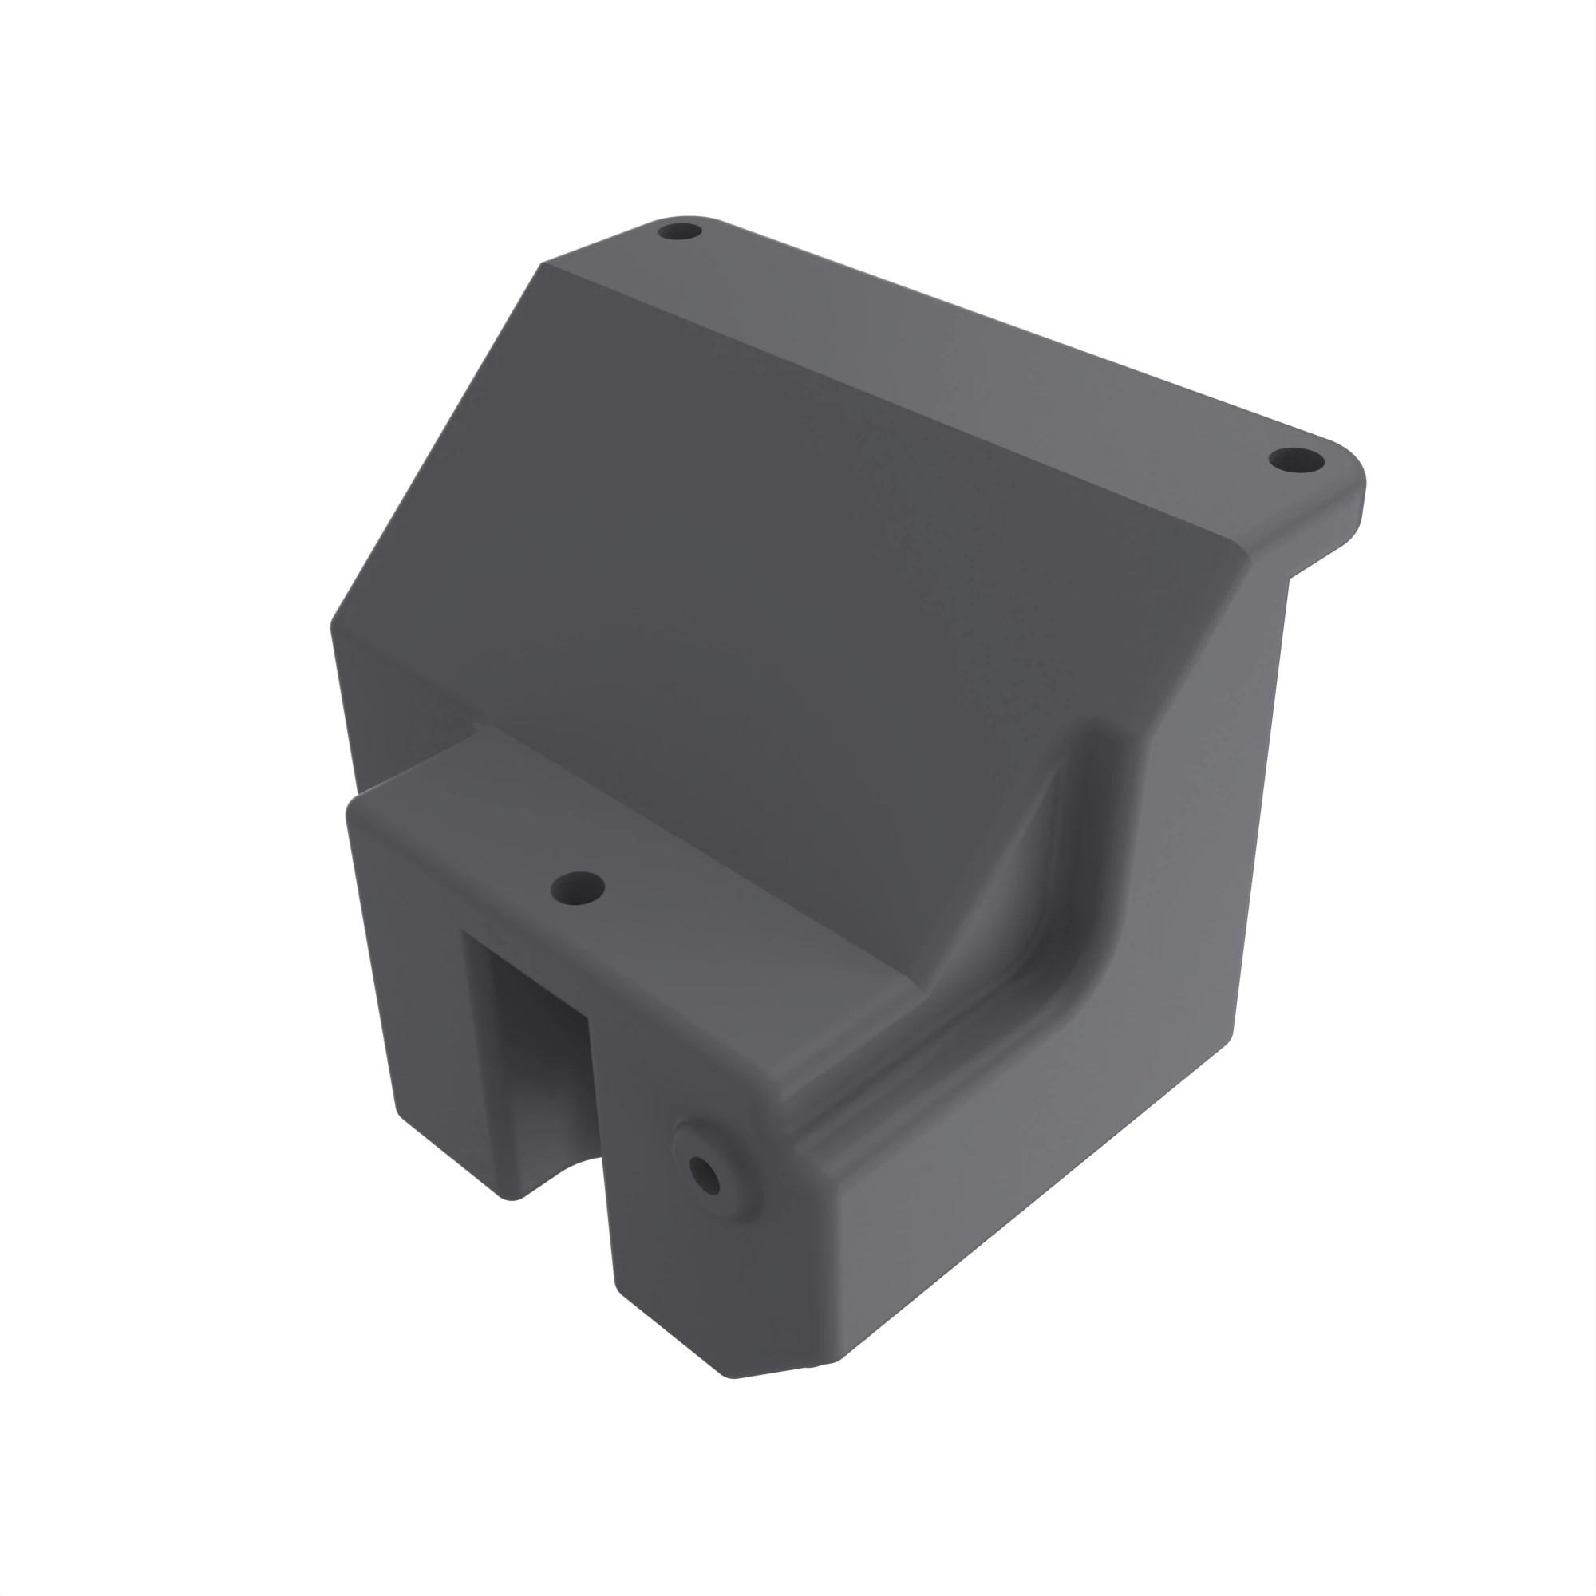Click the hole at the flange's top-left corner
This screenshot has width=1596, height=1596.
679,231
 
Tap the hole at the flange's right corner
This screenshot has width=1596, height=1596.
1294,460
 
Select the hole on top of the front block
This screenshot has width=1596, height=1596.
579,888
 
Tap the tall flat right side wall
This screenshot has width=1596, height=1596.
1215,826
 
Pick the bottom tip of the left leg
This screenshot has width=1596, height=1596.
512,1194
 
